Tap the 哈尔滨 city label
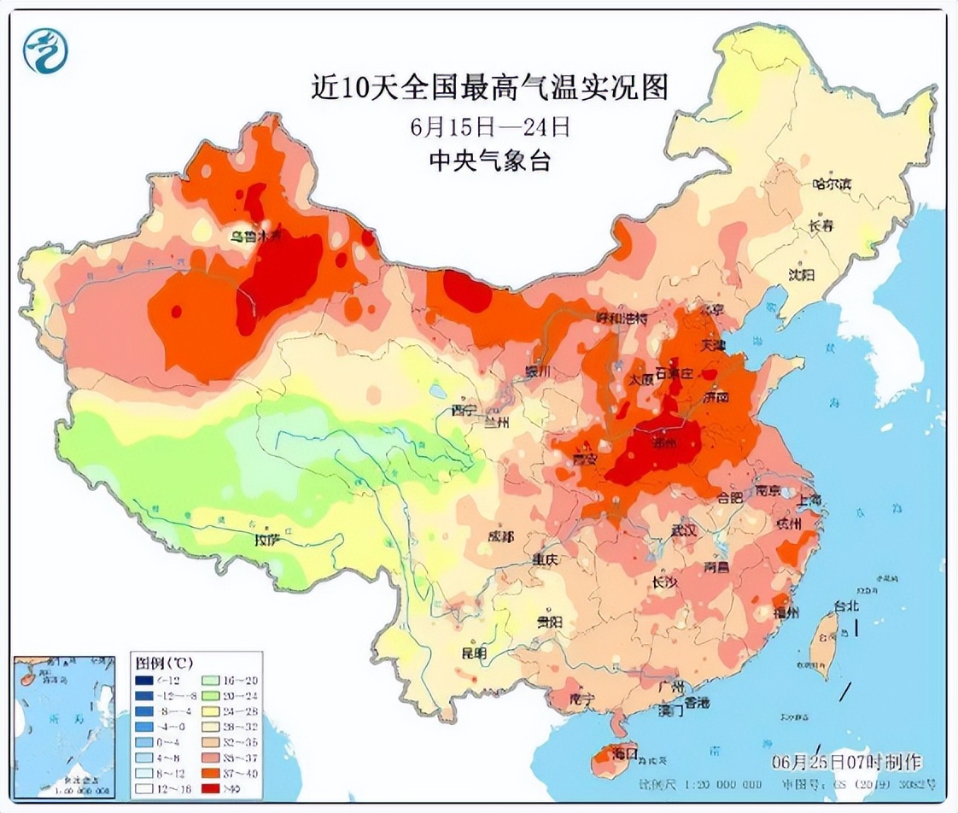(x=833, y=184)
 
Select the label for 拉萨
(x=266, y=539)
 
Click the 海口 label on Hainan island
(x=625, y=753)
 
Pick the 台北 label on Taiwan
(x=844, y=607)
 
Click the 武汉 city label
(x=683, y=530)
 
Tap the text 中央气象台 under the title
(x=489, y=161)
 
